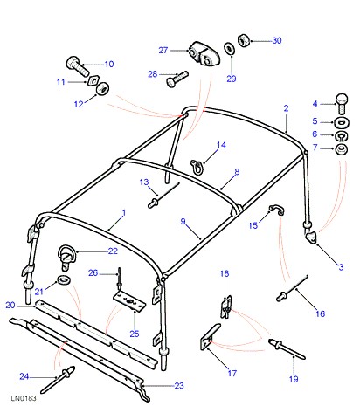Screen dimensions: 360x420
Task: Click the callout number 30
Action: tap(277, 40)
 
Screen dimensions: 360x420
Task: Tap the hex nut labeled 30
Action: tap(243, 40)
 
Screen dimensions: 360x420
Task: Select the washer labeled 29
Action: tap(229, 48)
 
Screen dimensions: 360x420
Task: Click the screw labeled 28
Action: tap(177, 79)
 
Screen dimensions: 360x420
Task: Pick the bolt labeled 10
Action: tap(77, 66)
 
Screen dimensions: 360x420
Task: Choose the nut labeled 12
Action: tap(102, 88)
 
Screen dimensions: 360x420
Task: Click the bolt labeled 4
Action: tap(342, 103)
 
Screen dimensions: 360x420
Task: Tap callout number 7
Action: tap(315, 148)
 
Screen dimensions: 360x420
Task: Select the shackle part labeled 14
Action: tap(196, 167)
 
